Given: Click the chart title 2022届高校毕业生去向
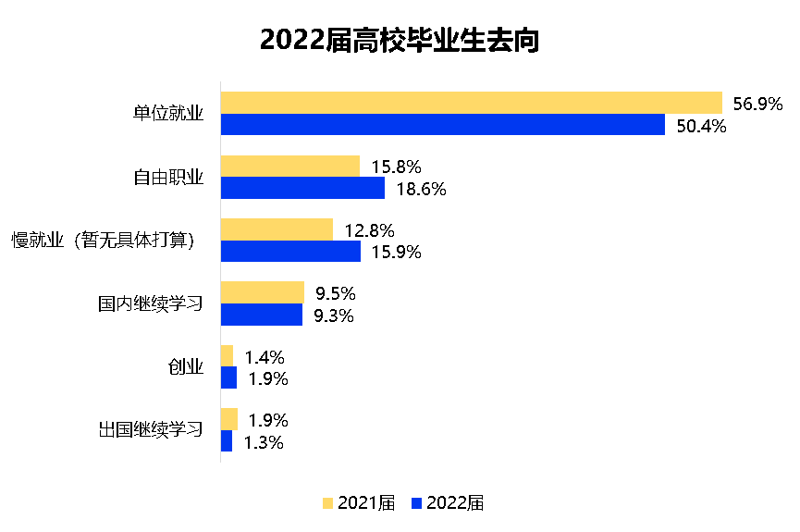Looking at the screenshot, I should pos(399,41).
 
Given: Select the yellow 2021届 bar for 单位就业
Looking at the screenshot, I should pos(471,103).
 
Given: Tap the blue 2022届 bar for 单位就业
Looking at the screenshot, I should pos(442,125).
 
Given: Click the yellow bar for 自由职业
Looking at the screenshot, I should pos(289,167).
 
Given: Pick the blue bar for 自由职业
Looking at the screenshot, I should pos(302,189).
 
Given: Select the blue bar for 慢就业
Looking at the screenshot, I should pos(290,252).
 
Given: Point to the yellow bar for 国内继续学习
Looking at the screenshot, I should pos(262,292).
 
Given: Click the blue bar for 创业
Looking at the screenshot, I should pos(228,378).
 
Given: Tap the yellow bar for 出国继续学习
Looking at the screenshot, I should pos(228,419).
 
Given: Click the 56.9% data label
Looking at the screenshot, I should pos(757,104).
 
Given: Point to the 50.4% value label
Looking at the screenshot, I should pos(701,126).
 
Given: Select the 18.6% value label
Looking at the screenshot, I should pos(421,190).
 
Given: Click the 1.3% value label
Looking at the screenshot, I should pos(264,442).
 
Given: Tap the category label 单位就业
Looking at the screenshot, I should pos(167,114).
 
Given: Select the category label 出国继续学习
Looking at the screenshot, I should pos(150,430).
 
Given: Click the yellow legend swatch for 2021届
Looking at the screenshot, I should pos(327,503).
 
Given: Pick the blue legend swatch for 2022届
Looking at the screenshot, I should pos(415,503).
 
